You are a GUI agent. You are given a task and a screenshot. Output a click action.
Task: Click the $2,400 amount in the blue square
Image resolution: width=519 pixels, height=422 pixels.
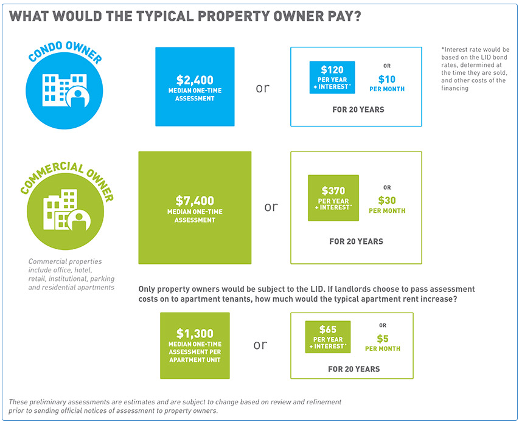pyautogui.click(x=195, y=80)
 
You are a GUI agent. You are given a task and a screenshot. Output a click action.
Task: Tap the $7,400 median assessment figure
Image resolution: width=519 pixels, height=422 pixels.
pyautogui.click(x=195, y=200)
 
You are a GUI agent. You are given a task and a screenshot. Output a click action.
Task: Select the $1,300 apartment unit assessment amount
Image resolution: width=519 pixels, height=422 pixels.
pyautogui.click(x=195, y=333)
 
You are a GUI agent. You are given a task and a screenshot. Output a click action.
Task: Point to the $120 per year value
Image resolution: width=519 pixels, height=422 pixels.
pyautogui.click(x=332, y=69)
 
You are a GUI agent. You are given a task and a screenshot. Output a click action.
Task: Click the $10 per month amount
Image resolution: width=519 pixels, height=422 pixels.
pyautogui.click(x=387, y=79)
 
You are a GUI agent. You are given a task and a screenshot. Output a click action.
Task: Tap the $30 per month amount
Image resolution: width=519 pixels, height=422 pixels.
pyautogui.click(x=387, y=200)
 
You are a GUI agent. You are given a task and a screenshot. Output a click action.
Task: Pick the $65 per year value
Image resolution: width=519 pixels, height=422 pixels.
pyautogui.click(x=328, y=330)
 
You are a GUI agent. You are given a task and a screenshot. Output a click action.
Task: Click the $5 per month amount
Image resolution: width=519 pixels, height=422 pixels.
pyautogui.click(x=383, y=339)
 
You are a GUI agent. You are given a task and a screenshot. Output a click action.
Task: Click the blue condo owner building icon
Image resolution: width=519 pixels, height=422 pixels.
pyautogui.click(x=63, y=90)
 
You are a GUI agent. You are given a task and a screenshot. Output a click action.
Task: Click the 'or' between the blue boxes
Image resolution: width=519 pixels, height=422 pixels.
pyautogui.click(x=262, y=88)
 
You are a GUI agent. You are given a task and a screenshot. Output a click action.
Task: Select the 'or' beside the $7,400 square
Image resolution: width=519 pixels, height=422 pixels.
pyautogui.click(x=271, y=207)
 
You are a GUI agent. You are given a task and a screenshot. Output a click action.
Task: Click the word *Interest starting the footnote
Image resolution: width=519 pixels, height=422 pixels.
pyautogui.click(x=457, y=49)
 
